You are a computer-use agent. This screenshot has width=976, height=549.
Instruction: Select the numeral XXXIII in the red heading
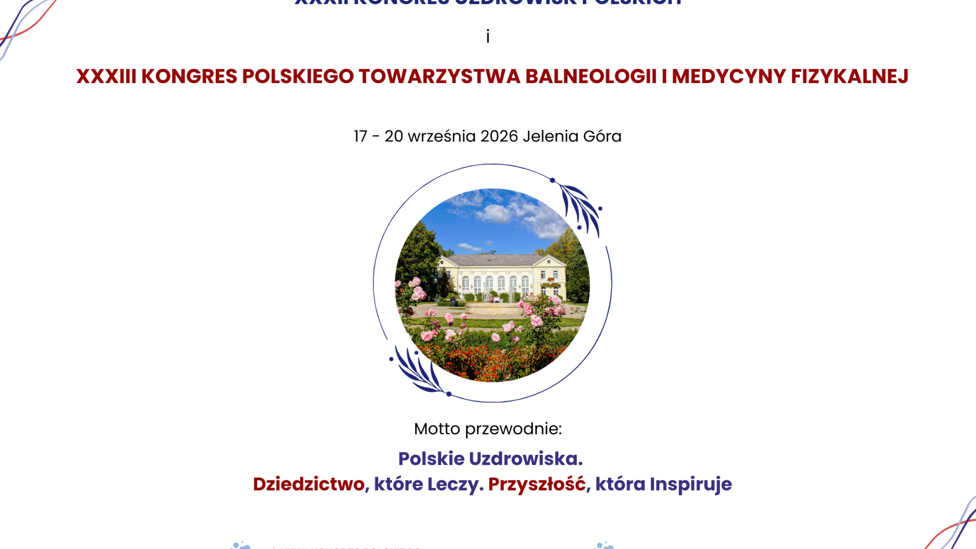point(106,76)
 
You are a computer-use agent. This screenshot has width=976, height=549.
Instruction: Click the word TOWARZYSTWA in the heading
point(439,76)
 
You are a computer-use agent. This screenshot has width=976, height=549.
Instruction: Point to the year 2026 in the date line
point(499,136)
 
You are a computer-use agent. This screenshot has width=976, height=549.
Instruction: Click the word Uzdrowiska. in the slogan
point(526,459)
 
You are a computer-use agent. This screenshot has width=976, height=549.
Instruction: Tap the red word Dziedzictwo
point(309,484)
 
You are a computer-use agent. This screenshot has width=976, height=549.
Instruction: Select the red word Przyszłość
point(537,484)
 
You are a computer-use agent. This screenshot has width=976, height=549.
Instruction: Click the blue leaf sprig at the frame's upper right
point(581,208)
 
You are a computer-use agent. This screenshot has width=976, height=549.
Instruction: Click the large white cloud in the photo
point(496,213)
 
